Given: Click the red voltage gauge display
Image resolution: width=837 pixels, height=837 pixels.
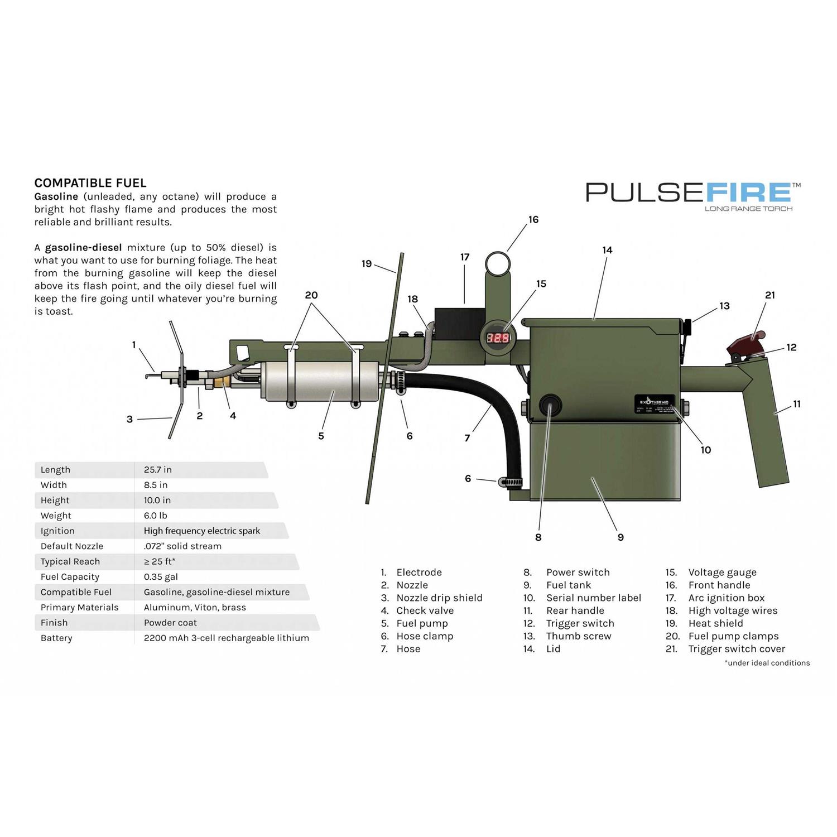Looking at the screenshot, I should click(x=497, y=338).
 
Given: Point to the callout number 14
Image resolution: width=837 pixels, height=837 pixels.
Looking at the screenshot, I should click(x=607, y=250).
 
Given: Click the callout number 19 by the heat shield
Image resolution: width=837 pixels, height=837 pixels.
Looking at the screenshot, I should click(x=367, y=263).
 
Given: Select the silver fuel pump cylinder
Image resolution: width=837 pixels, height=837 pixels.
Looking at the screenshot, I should click(x=321, y=382).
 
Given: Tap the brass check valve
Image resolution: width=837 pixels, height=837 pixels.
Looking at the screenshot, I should click(x=221, y=382).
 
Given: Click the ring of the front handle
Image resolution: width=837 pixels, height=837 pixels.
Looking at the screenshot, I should click(x=498, y=262).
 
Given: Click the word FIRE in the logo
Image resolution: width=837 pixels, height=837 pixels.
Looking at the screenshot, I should click(x=749, y=193).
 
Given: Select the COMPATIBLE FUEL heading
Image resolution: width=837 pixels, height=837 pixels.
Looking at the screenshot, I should click(x=90, y=183).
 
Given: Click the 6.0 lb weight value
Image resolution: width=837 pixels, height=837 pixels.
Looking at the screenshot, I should click(x=156, y=516).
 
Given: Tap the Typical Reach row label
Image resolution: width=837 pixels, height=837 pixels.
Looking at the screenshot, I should click(x=70, y=561).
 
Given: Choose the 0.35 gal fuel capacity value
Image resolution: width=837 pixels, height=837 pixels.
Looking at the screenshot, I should click(x=161, y=577).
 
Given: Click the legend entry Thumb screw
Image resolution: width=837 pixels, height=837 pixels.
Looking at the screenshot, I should click(x=579, y=636).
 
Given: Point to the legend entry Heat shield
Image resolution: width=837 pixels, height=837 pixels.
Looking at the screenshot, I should click(x=715, y=623).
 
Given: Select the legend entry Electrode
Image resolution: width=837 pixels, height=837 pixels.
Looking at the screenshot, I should click(x=419, y=573).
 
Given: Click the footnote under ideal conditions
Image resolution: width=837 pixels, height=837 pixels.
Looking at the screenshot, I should click(x=767, y=663).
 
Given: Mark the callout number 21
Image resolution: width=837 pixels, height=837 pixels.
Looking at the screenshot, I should click(x=770, y=295).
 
